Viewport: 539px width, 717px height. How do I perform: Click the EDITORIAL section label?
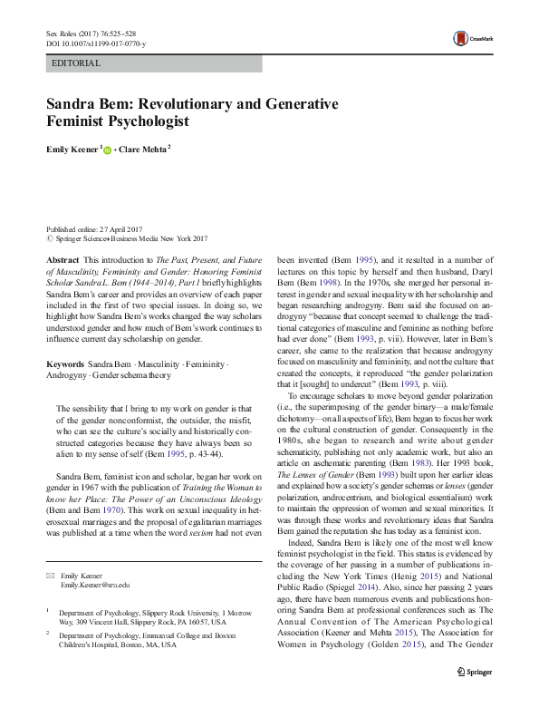[x=77, y=64]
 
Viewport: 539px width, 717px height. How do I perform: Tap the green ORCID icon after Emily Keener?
[x=107, y=150]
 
